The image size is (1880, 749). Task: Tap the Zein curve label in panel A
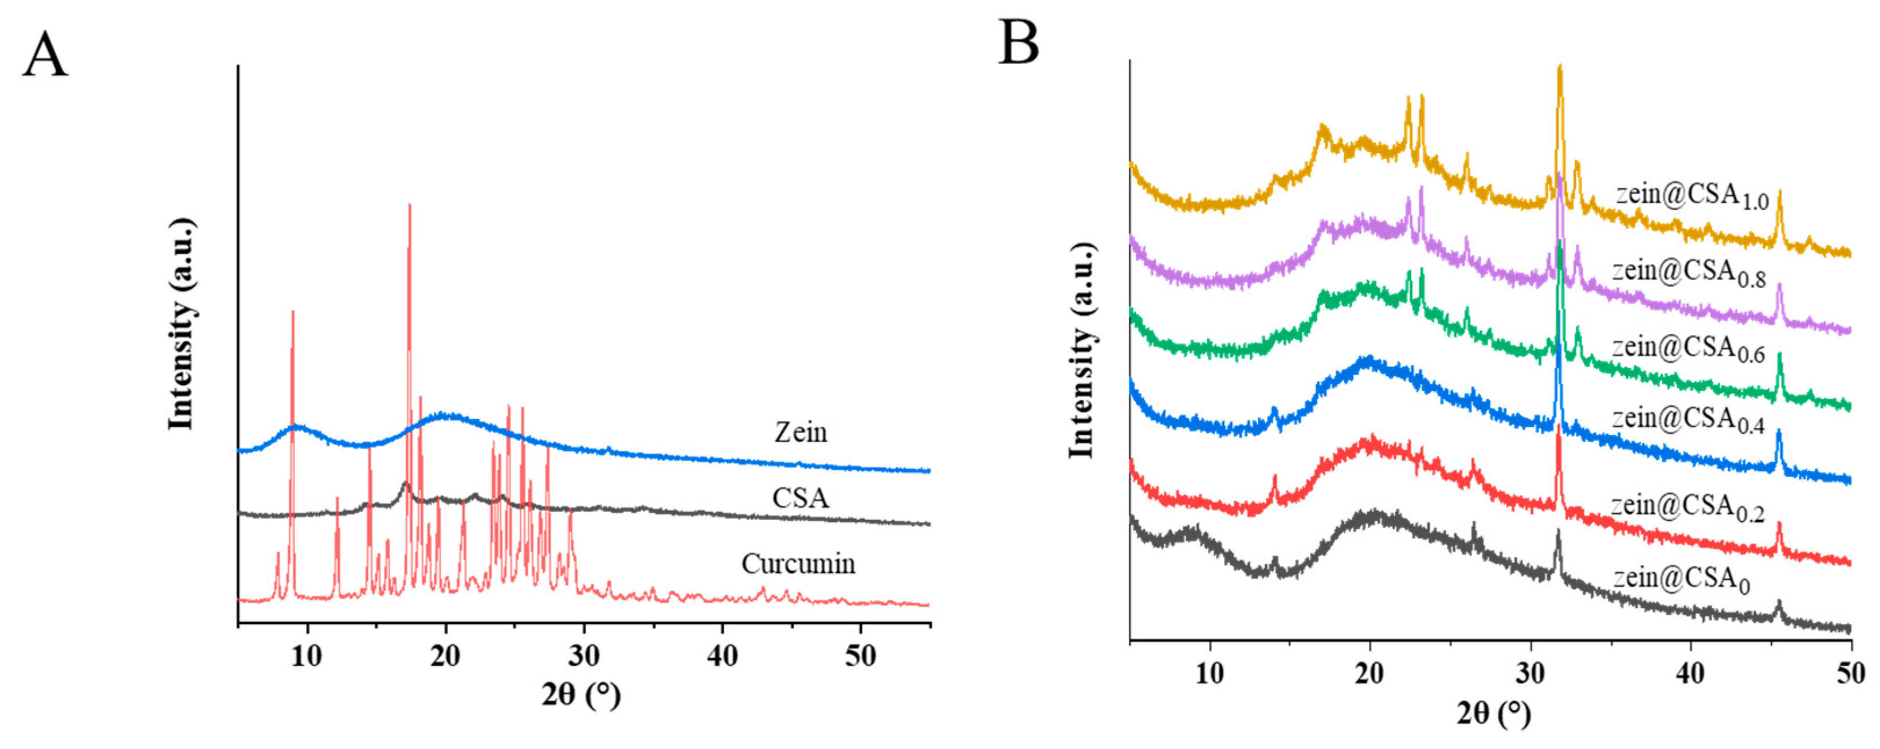click(801, 433)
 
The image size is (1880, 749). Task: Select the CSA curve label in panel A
click(801, 498)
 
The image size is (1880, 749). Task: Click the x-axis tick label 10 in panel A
click(306, 656)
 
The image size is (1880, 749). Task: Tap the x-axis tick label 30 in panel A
click(583, 656)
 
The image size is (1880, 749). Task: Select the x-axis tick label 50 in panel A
click(860, 656)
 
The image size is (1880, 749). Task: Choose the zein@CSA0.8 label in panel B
click(1689, 273)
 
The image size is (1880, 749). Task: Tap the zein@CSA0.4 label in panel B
click(1688, 421)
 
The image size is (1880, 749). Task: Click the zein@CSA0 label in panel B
click(1682, 580)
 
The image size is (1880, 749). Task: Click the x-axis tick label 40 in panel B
click(1690, 673)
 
